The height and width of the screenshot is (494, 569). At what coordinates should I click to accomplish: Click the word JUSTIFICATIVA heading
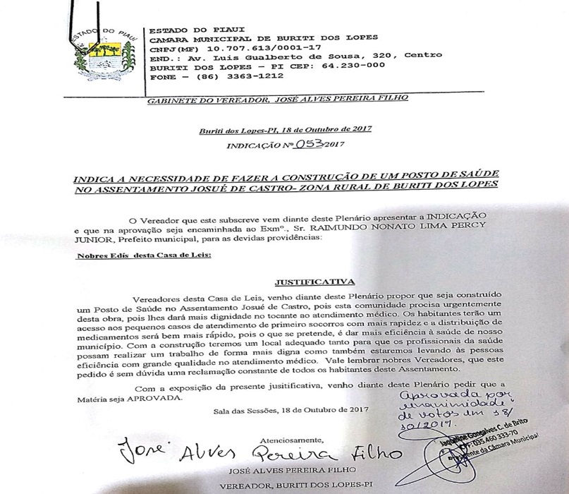pos(306,280)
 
